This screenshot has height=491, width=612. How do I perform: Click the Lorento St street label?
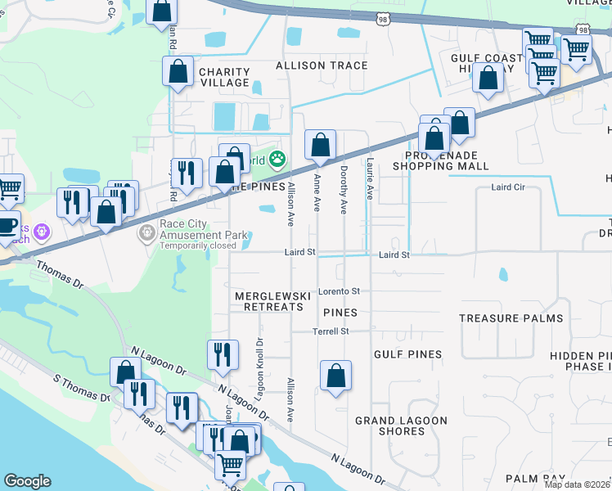[340, 291]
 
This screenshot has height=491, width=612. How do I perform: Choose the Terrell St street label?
[331, 331]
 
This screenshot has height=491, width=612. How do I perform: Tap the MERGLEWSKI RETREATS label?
[268, 301]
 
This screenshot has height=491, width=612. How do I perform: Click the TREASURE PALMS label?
[511, 318]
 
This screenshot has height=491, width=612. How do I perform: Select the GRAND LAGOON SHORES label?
[401, 426]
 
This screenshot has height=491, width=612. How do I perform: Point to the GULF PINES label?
[407, 354]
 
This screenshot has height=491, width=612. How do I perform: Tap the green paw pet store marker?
[278, 159]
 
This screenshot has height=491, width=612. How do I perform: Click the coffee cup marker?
[7, 224]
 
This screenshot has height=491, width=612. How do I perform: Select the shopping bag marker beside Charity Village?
[178, 73]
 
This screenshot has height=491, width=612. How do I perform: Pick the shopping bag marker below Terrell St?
[335, 377]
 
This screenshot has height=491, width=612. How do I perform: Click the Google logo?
[27, 481]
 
